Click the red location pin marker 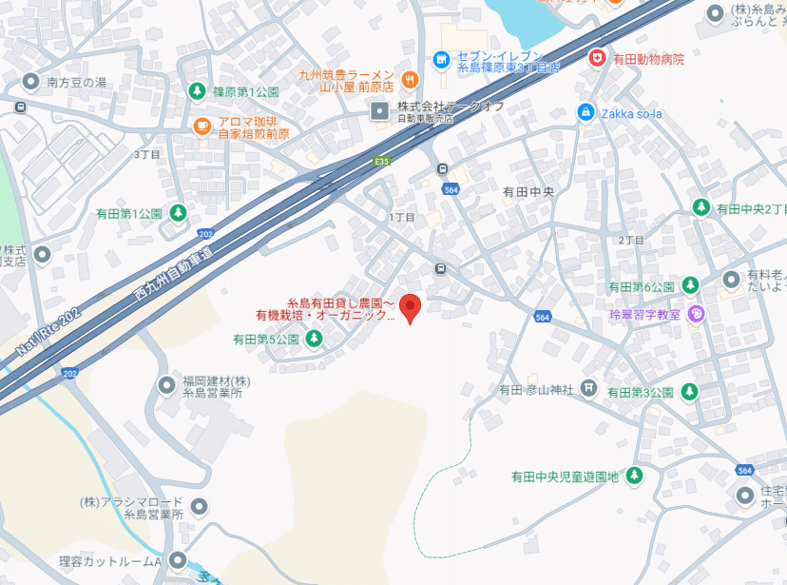tap(410, 307)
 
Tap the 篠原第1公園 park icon tap(197, 91)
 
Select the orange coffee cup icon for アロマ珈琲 tap(202, 126)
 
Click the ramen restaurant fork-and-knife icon tap(410, 78)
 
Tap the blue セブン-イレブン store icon tap(440, 60)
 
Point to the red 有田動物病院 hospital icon tap(597, 58)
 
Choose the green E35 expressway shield tap(382, 162)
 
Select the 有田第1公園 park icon tap(177, 212)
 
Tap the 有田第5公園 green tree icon tap(312, 339)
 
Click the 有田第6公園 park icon tap(690, 285)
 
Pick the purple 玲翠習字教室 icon tap(697, 313)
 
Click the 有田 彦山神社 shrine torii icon tap(589, 388)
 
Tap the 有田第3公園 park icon tap(690, 391)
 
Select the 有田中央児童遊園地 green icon tap(634, 476)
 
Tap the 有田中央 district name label tap(528, 191)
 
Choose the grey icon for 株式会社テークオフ tap(380, 111)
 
